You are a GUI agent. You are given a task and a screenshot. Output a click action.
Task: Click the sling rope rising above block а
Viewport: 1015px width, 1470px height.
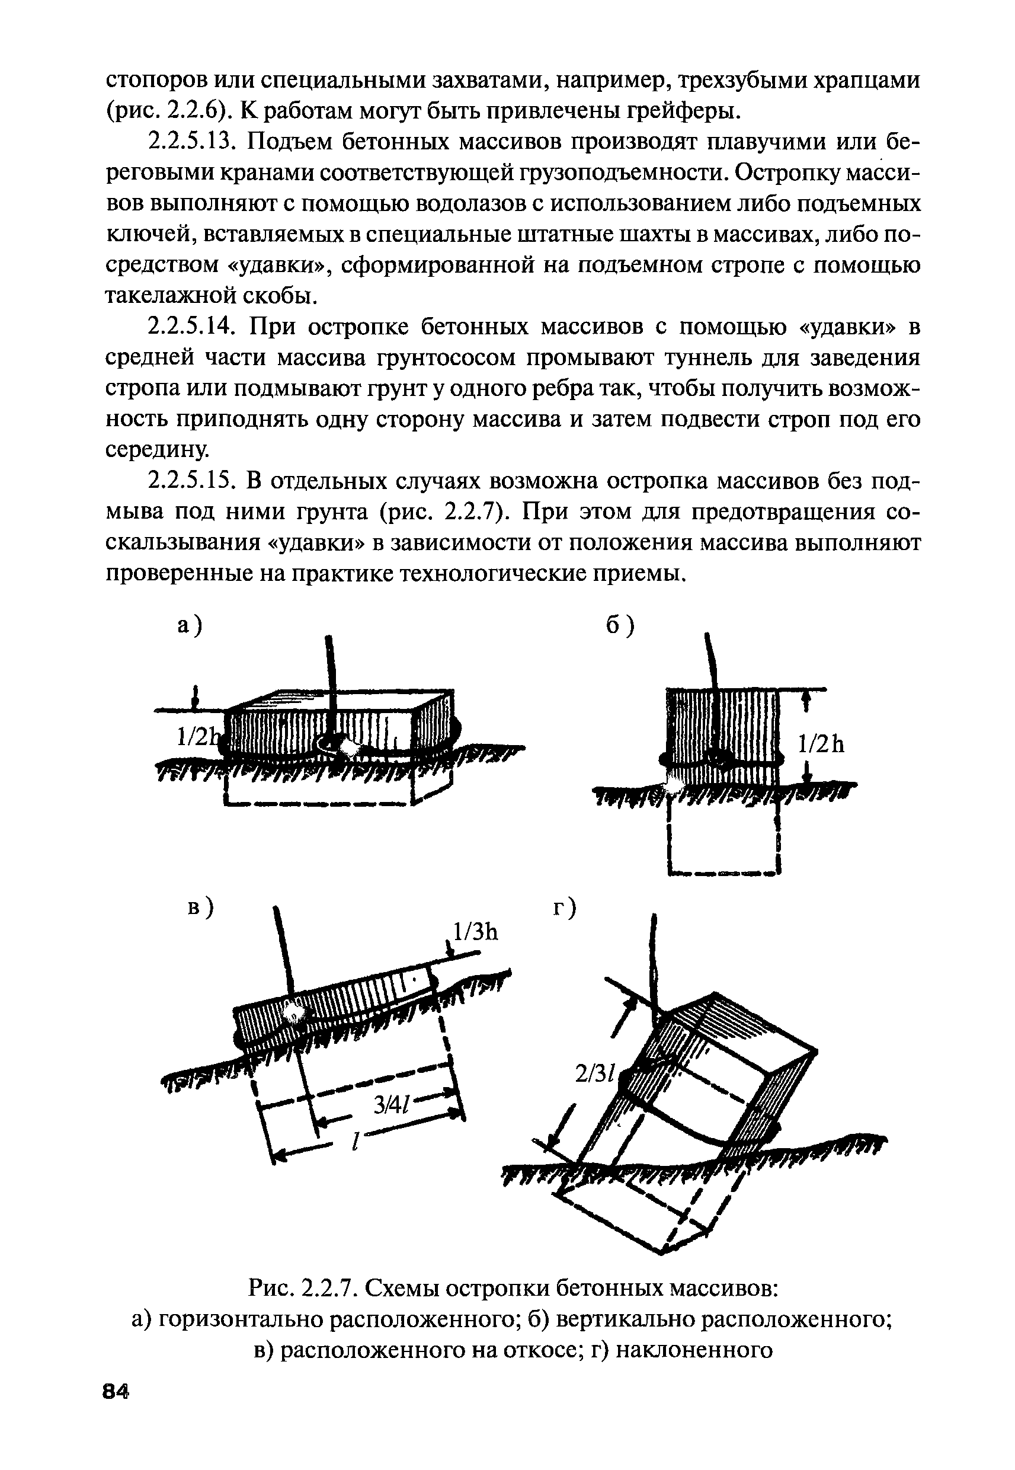pyautogui.click(x=331, y=675)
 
